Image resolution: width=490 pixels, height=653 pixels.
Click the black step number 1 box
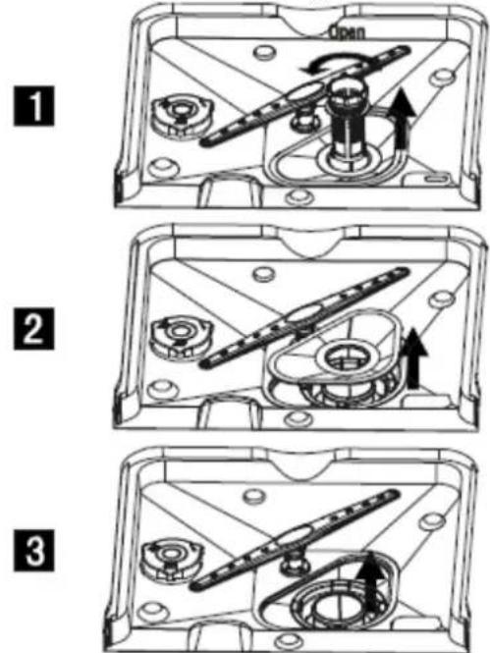coord(33,106)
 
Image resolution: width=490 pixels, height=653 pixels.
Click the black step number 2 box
coord(33,329)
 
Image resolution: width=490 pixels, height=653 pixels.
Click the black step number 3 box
coord(33,551)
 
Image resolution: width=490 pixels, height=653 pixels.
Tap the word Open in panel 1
coord(348,31)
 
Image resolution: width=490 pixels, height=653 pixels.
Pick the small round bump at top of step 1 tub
coord(264,52)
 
